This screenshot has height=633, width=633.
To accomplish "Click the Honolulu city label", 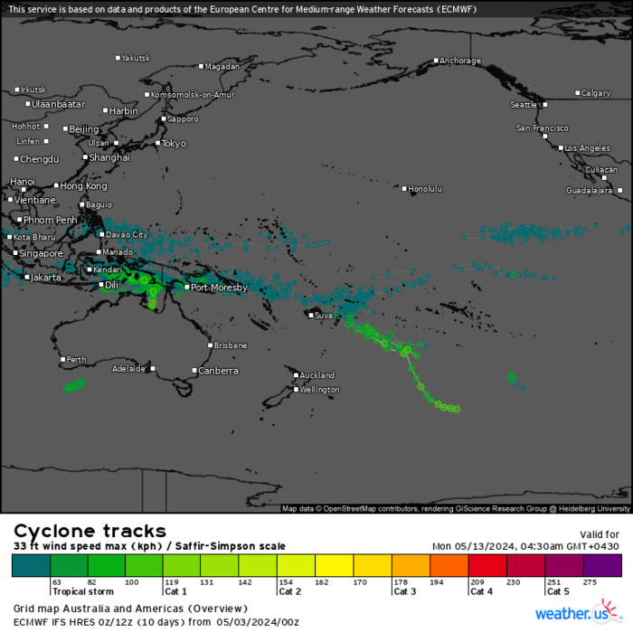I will (425, 188).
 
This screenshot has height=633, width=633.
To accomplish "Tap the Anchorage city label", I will (459, 61).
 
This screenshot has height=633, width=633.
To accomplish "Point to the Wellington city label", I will (319, 390).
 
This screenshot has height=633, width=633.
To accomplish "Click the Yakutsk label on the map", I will (136, 58).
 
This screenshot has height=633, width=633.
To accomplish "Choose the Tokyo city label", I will (174, 143).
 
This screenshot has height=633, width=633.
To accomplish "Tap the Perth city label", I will (77, 360).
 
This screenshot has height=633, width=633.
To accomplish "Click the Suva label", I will (324, 316).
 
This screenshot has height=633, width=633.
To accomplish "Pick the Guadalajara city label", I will (589, 191).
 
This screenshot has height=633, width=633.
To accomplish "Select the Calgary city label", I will (597, 93).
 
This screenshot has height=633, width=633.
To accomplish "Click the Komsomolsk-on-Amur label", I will (193, 95).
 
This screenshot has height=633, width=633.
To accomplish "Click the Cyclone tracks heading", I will (90, 531).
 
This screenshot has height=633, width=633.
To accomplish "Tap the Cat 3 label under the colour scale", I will (403, 591).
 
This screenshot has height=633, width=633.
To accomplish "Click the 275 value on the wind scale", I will (592, 582).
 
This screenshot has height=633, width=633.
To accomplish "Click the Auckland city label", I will (316, 375).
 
